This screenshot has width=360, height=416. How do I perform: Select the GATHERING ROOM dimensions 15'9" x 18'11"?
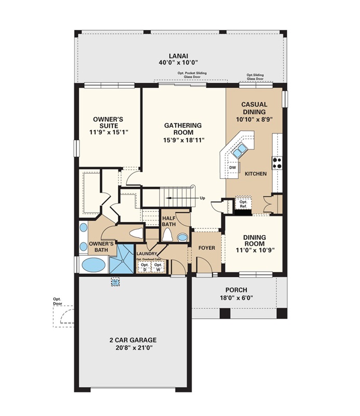pyautogui.click(x=183, y=139)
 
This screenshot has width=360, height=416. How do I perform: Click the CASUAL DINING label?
pyautogui.click(x=254, y=108)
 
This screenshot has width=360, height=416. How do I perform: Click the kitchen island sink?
pyautogui.click(x=239, y=151)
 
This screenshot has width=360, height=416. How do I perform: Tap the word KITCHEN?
pyautogui.click(x=256, y=173)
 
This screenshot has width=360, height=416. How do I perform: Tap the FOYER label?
pyautogui.click(x=207, y=248)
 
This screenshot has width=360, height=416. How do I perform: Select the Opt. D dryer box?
pyautogui.click(x=144, y=267)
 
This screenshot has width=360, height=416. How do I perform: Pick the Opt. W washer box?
pyautogui.click(x=158, y=267)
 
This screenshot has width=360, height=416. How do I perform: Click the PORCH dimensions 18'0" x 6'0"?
pyautogui.click(x=236, y=298)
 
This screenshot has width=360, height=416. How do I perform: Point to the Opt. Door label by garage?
pyautogui.click(x=57, y=302)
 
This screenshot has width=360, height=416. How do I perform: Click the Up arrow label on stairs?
pyautogui.click(x=202, y=198)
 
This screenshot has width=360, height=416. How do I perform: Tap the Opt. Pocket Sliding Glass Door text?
pyautogui.click(x=192, y=75)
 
